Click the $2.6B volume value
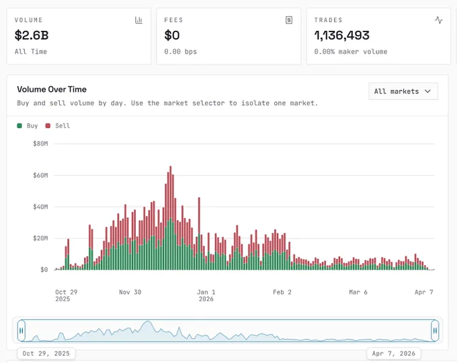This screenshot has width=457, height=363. (x=32, y=35)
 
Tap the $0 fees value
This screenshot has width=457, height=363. (x=172, y=35)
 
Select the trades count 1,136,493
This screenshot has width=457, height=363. (x=342, y=35)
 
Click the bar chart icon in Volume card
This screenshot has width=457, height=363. (x=138, y=20)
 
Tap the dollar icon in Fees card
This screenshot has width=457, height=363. (x=289, y=20)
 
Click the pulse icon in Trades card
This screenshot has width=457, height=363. (x=439, y=20)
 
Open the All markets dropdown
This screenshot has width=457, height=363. (x=403, y=91)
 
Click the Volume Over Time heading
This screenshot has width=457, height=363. (x=52, y=89)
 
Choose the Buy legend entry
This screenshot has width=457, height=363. (x=28, y=125)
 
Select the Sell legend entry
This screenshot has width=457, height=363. (x=58, y=125)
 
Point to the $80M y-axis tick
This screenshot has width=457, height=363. (x=40, y=144)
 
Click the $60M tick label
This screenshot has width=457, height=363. (x=40, y=175)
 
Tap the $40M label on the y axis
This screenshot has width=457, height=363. (x=40, y=207)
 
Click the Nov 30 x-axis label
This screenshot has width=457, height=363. (x=130, y=292)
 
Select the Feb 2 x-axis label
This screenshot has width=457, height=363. (x=282, y=292)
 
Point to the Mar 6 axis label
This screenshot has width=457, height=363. (x=358, y=292)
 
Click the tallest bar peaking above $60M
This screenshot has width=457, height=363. (x=171, y=218)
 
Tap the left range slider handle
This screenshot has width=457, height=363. (x=22, y=331)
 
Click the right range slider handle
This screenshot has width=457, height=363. (x=435, y=331)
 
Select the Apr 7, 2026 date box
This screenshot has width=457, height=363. (x=393, y=354)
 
